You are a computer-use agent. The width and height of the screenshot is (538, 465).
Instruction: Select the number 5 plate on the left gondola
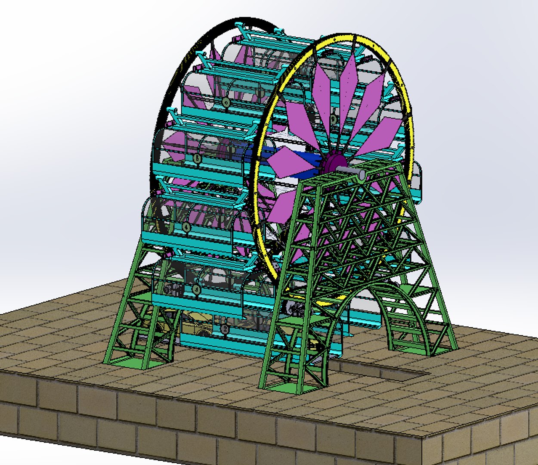197,158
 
